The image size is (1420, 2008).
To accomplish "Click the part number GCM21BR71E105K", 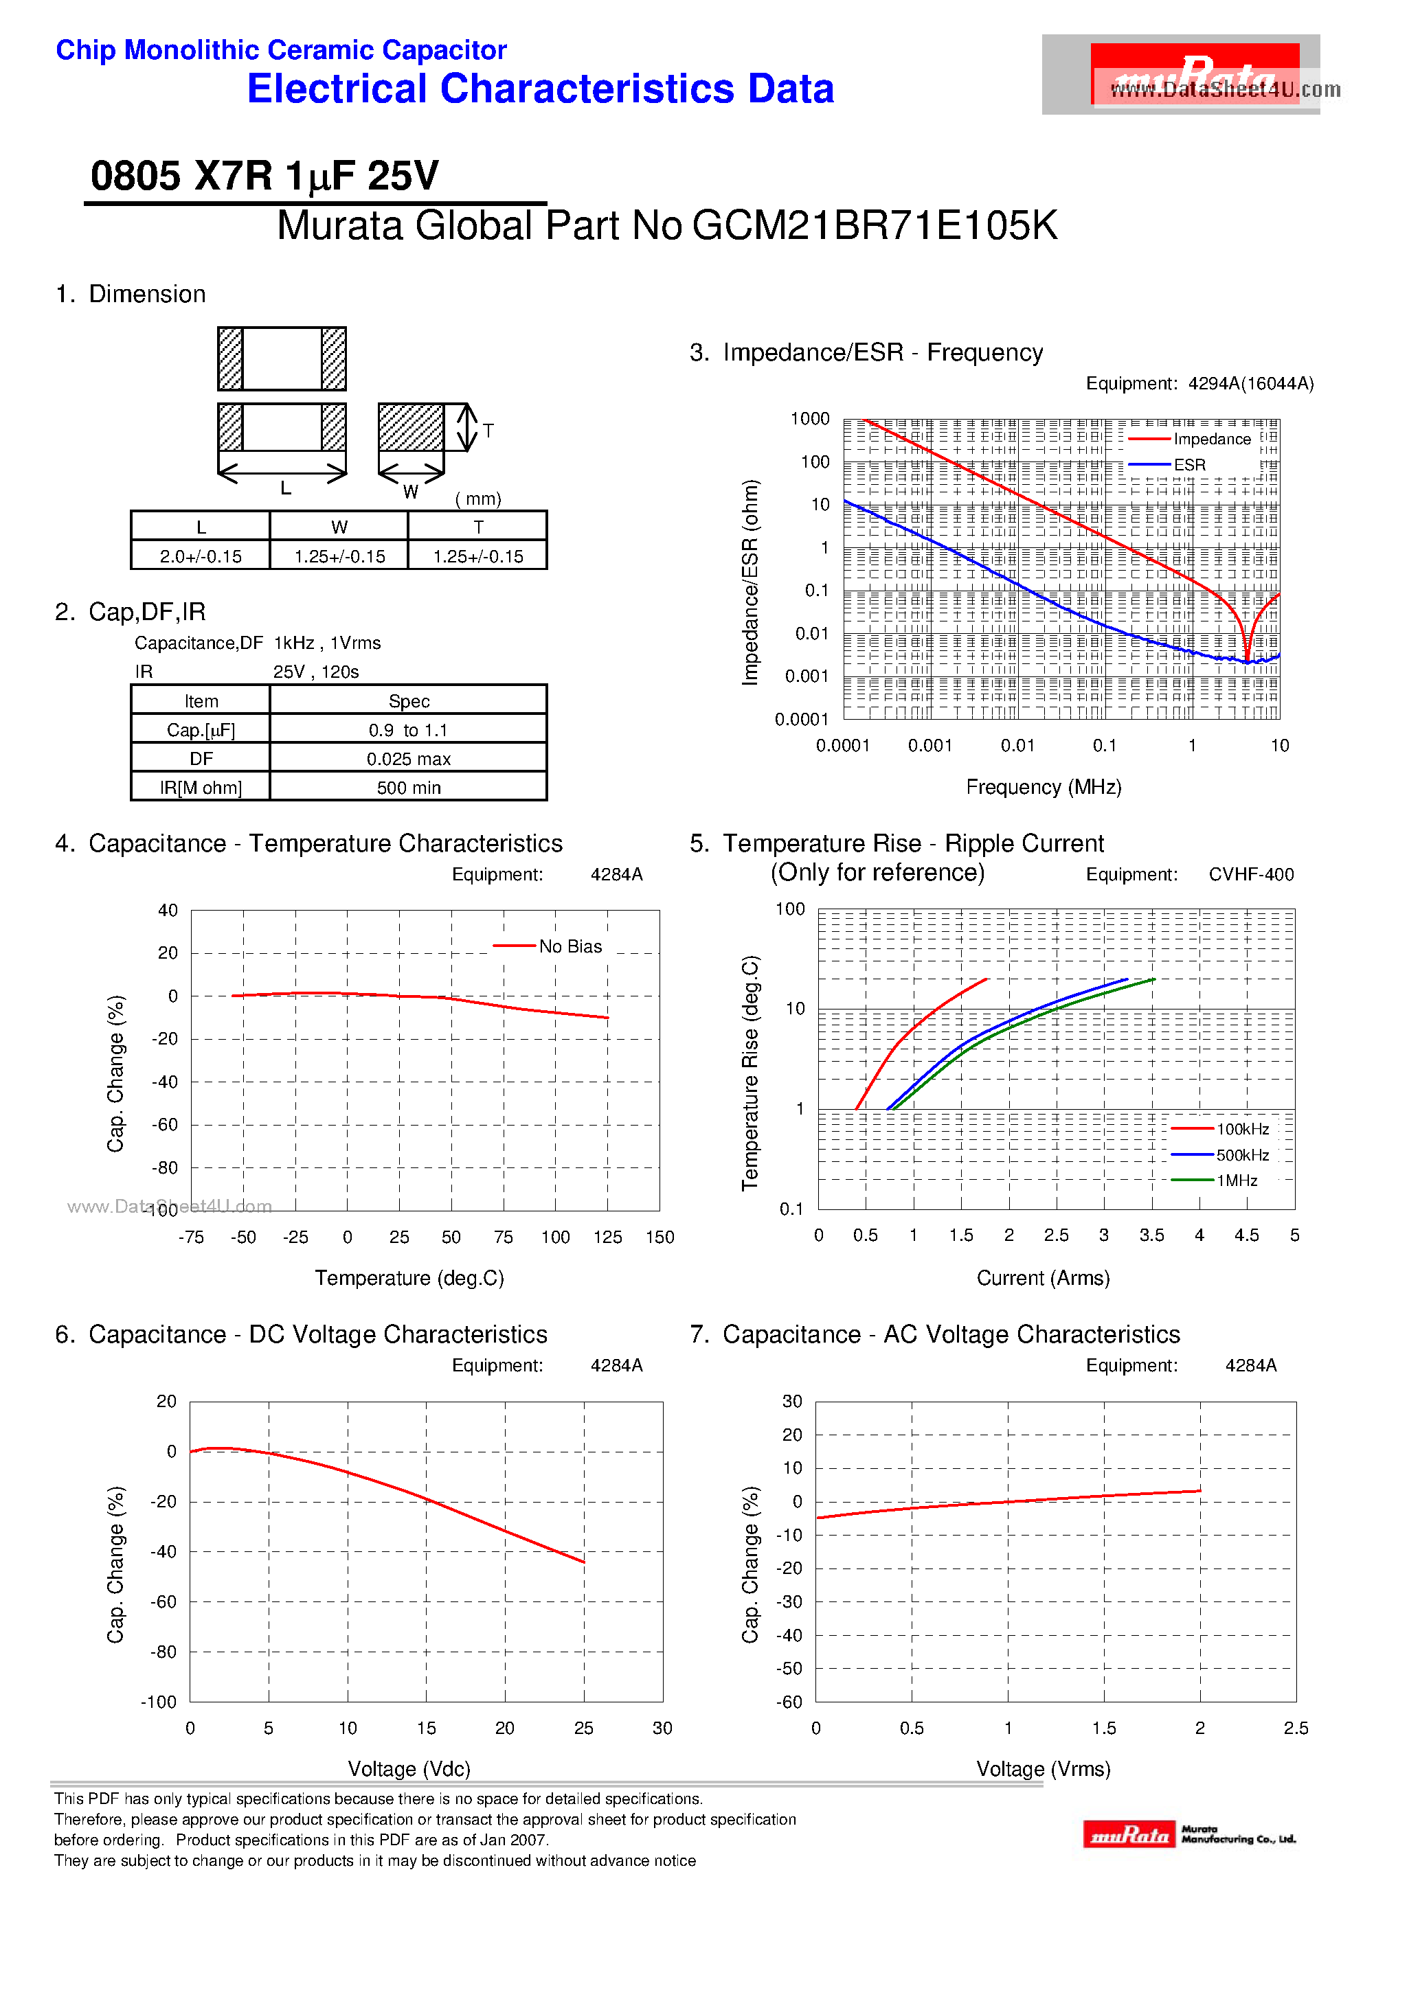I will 874,226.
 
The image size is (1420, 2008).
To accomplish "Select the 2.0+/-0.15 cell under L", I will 201,556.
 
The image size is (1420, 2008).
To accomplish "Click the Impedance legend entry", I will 1211,439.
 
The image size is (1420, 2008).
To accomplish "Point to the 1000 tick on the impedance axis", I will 809,419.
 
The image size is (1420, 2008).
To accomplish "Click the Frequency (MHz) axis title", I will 1043,787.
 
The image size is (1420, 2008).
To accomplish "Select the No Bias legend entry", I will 570,946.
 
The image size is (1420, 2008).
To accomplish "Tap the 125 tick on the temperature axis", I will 607,1237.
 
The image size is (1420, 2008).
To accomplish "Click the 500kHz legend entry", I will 1241,1155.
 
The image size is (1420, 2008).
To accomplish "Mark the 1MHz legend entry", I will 1237,1180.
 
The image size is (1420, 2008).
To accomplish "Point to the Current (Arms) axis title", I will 1043,1279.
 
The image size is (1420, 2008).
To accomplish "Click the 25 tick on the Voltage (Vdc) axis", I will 583,1728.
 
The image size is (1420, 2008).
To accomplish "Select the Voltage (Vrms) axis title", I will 1043,1769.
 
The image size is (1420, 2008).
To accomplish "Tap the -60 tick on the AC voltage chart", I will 790,1702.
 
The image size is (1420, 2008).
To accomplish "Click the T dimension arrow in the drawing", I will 469,428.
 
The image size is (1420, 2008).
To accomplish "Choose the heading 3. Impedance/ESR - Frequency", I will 866,352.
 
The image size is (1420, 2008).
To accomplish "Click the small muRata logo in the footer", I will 1129,1834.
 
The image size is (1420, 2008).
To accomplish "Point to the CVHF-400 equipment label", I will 1250,875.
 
